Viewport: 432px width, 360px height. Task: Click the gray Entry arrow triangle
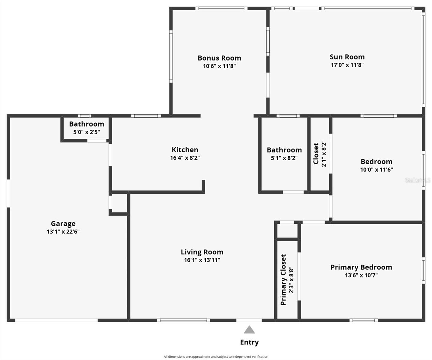(249, 330)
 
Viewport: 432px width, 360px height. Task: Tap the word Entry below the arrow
(249, 342)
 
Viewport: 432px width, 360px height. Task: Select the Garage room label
(63, 224)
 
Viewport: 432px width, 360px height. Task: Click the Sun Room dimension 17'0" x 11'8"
(347, 65)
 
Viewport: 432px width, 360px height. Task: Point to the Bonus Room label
(219, 58)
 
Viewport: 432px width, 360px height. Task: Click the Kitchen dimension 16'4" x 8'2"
(185, 158)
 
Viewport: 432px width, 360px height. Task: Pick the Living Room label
(202, 252)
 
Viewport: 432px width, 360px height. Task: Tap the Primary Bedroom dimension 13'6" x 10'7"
(361, 275)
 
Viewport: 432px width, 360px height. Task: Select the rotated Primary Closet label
(283, 280)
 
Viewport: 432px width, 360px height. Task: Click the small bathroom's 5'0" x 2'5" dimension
(86, 132)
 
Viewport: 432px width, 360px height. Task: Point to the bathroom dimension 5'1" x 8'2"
(284, 158)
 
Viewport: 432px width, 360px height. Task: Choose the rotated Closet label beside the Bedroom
(316, 154)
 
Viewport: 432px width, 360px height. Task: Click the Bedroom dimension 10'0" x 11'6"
(376, 170)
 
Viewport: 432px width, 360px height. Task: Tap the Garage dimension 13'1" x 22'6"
(63, 232)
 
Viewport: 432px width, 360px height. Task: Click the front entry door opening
(249, 320)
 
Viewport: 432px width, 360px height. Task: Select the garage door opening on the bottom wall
(56, 320)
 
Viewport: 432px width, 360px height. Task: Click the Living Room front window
(184, 320)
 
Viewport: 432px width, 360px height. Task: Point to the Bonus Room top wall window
(221, 8)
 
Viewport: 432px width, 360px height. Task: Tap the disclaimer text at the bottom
(216, 356)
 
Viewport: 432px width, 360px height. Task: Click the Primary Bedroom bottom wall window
(364, 320)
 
